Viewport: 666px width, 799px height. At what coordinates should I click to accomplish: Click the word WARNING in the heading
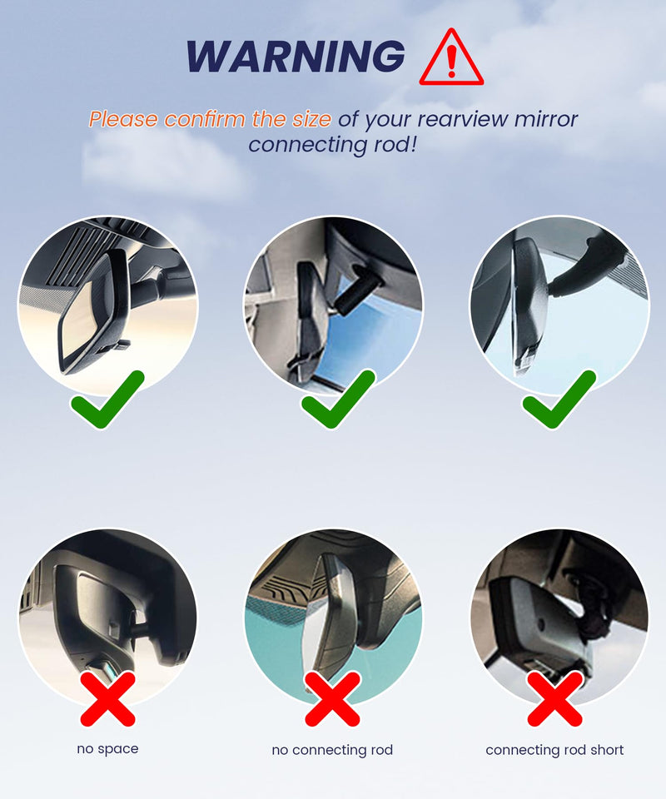tap(296, 56)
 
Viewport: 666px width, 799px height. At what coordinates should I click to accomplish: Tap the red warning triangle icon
tap(451, 57)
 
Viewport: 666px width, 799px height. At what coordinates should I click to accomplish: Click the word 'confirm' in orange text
tap(206, 120)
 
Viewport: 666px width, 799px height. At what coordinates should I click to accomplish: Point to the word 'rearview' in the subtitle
tap(463, 120)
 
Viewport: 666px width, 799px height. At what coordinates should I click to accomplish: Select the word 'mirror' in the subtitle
tap(546, 120)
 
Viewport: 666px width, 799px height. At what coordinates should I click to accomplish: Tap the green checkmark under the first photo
tap(108, 399)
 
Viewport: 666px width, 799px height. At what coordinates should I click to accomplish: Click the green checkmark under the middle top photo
tap(339, 399)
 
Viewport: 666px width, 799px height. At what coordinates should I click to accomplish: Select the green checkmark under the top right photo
tap(559, 399)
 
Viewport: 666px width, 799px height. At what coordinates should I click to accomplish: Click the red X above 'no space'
tap(108, 698)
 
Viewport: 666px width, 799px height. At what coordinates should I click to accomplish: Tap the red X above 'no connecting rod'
tap(333, 698)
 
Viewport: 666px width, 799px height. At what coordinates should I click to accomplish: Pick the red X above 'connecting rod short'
tap(555, 698)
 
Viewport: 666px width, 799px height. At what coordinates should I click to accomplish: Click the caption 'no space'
tap(107, 749)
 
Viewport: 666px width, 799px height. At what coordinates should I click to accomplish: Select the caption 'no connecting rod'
tap(332, 750)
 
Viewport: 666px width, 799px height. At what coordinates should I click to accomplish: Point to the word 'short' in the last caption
tap(607, 750)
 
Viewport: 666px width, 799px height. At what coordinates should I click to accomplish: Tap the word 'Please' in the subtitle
tap(123, 120)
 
